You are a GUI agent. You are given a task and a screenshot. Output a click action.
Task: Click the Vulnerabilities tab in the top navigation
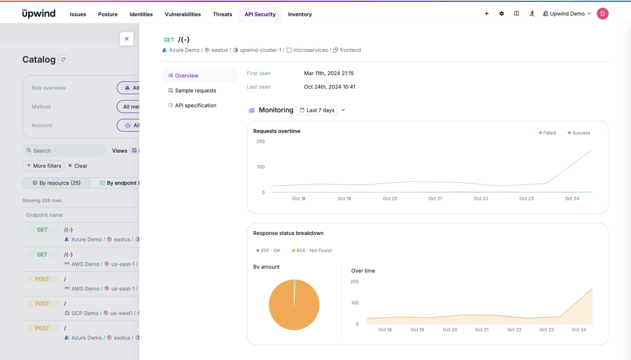point(182,14)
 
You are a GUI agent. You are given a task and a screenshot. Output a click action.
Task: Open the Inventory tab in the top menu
point(299,14)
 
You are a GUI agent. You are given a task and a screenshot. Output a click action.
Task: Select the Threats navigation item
point(222,14)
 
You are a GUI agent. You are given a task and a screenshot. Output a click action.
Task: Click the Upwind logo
point(39,14)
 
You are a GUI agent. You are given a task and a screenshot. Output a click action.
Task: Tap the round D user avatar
point(602,14)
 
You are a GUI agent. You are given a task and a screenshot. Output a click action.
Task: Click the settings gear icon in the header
point(502,14)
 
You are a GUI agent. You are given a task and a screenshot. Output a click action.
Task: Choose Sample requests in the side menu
point(195,91)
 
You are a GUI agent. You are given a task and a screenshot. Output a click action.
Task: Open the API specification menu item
point(195,105)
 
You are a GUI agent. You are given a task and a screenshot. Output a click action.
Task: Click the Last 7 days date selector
point(317,110)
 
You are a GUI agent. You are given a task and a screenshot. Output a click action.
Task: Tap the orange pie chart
point(294,305)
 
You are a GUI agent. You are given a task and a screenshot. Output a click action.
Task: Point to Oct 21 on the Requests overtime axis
point(435,199)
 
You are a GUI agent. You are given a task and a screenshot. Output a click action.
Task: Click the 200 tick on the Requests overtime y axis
point(260,142)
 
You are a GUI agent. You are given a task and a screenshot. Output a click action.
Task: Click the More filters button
point(44,166)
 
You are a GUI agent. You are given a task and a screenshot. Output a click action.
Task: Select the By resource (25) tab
point(56,183)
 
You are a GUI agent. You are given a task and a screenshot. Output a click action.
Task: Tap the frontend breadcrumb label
point(350,50)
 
